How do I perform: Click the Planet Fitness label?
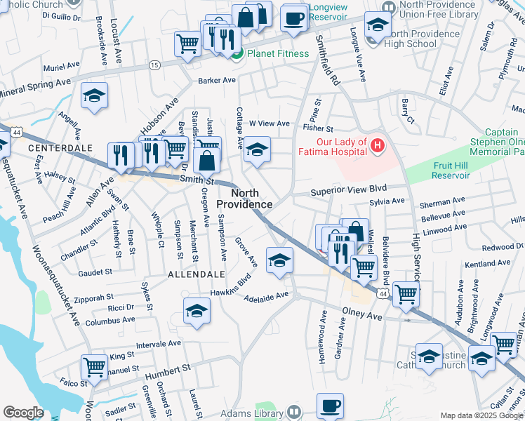coord(276,53)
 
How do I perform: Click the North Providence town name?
coord(244,199)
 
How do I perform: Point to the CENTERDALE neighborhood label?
coord(51,149)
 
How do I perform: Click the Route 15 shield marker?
coord(154,65)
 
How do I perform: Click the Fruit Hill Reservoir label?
coord(451,171)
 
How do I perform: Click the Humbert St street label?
coord(168,368)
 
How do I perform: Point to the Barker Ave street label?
coord(217,81)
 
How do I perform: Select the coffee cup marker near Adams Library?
coord(330,406)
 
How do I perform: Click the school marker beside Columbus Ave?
coord(197,311)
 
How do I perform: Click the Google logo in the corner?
coord(23,413)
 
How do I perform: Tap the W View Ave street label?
coord(268,124)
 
